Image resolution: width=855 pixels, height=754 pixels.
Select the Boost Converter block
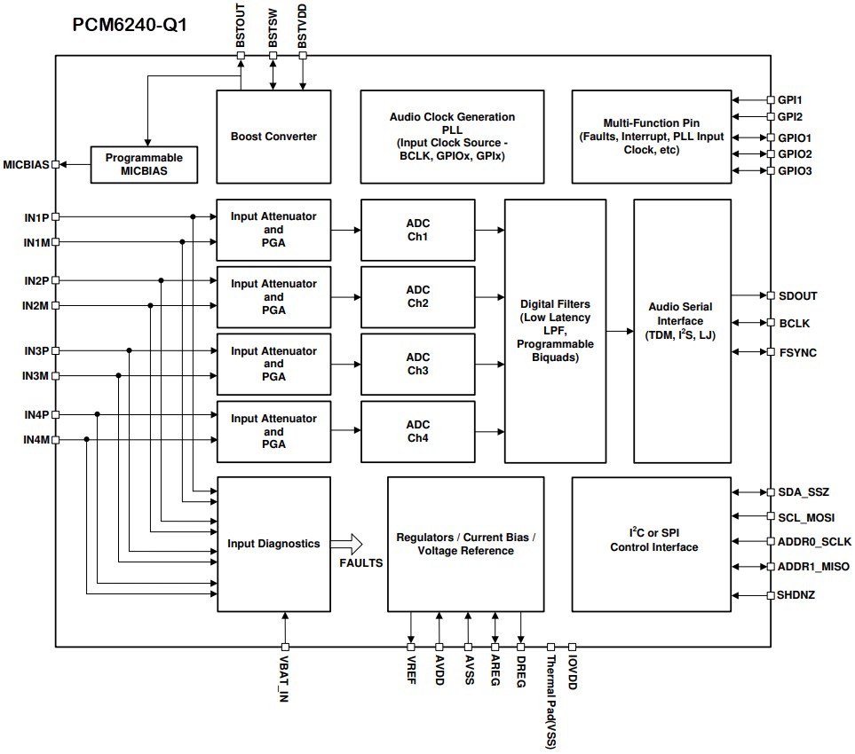(x=273, y=136)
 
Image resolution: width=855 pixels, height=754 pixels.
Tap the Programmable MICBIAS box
(x=143, y=164)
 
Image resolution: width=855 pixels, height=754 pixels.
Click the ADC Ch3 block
(x=417, y=364)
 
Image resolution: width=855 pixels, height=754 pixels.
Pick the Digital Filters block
(x=555, y=331)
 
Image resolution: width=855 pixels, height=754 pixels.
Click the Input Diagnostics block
(x=273, y=544)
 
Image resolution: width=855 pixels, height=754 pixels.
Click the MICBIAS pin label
(x=26, y=164)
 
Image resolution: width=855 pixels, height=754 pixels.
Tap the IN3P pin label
(x=36, y=351)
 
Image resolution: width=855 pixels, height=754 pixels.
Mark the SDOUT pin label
(x=797, y=296)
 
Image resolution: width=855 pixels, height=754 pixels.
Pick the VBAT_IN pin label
(x=285, y=679)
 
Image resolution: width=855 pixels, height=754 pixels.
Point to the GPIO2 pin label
(x=795, y=154)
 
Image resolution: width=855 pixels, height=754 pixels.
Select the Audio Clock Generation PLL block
(x=452, y=136)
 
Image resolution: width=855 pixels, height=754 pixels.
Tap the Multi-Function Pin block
(x=652, y=136)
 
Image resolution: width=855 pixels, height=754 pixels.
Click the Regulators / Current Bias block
(x=465, y=544)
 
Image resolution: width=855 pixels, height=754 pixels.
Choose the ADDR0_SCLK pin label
(x=814, y=541)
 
